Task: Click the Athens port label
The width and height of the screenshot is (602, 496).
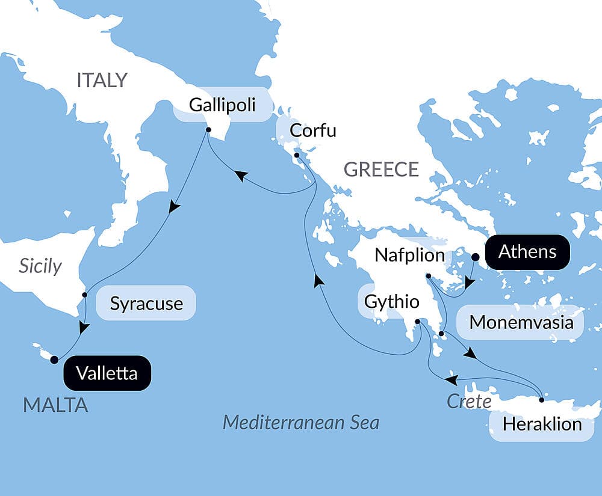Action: point(527,251)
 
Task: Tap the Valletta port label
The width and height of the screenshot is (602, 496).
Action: point(107,373)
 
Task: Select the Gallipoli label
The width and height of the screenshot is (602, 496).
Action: point(222,105)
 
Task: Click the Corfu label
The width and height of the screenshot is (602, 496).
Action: point(312,130)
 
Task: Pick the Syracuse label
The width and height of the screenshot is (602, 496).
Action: point(146,303)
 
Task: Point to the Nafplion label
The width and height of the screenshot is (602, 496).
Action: point(409,255)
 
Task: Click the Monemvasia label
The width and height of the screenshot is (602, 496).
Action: point(521,322)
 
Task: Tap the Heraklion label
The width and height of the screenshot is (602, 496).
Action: point(542,424)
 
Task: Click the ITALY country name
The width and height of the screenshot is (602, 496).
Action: point(102,80)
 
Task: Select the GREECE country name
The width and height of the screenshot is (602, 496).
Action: point(381,170)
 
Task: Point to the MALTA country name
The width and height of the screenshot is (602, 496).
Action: point(55,405)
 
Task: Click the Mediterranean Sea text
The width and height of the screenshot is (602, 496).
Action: point(301,423)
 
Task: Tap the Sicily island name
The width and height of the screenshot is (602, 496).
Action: point(40,266)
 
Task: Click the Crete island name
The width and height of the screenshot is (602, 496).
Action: point(469,401)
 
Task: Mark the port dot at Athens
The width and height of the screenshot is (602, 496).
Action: point(475,257)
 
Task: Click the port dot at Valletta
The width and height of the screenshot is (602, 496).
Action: point(54,360)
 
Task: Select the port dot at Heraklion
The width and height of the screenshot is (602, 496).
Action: point(541,400)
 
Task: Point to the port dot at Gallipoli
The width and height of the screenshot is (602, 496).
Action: point(208,130)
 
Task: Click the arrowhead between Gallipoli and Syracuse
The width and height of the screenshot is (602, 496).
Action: point(174,207)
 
